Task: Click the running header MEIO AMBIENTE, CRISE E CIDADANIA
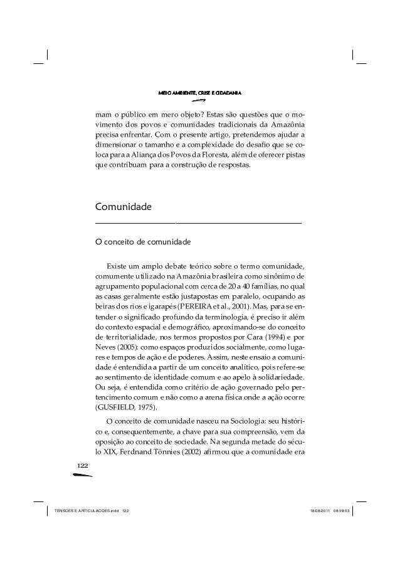pos(200,93)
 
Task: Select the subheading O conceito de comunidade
pos(142,241)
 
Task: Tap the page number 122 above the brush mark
pos(82,466)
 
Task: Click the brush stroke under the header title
pos(199,100)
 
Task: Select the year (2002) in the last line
pos(209,452)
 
